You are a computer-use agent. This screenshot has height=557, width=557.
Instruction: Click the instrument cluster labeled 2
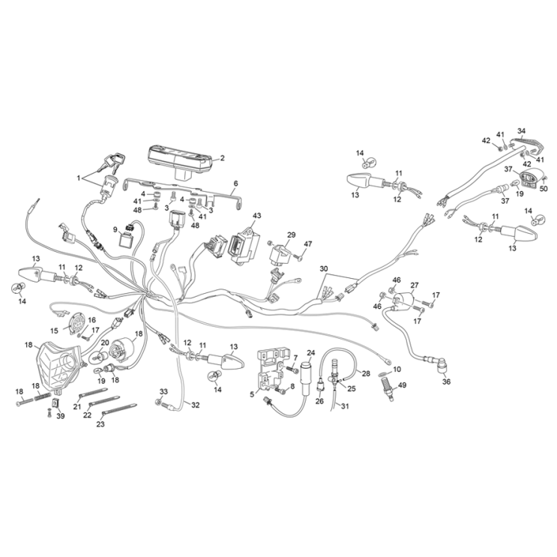click(x=180, y=163)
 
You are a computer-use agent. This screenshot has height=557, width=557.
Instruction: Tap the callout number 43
click(x=256, y=216)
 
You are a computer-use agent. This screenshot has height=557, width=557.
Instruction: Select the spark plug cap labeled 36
click(x=441, y=365)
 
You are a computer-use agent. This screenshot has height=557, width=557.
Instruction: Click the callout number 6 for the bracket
click(x=236, y=184)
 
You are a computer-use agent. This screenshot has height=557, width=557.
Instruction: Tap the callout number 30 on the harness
click(x=324, y=268)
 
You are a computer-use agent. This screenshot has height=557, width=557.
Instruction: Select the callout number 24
click(x=311, y=353)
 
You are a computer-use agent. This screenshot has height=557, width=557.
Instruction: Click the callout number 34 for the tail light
click(x=521, y=130)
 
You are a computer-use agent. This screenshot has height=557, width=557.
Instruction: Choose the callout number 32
click(x=196, y=405)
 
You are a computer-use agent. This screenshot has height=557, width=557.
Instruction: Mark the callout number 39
click(x=61, y=415)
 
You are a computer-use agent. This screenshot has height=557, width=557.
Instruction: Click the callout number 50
click(x=544, y=189)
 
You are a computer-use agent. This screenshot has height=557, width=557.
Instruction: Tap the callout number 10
click(x=397, y=369)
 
